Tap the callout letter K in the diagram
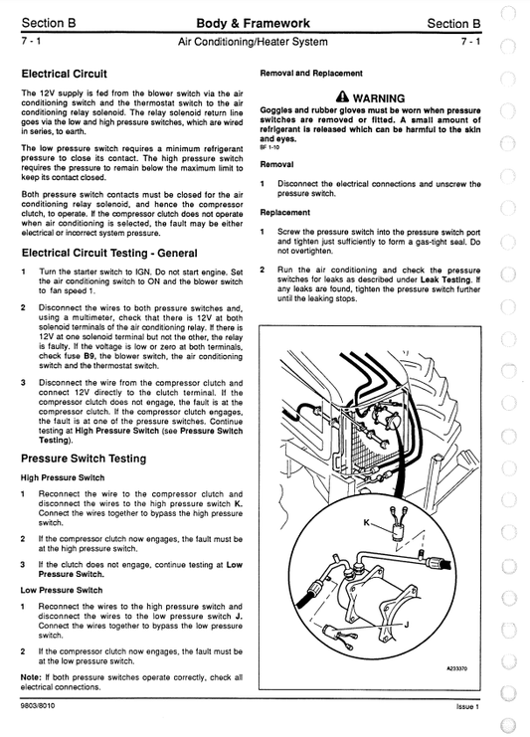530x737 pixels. [x=366, y=522]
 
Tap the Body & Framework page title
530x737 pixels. [x=253, y=23]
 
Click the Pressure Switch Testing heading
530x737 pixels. [x=84, y=459]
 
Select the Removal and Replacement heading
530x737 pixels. [x=311, y=73]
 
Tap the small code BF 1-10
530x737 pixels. [x=269, y=146]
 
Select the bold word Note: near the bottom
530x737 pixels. [x=31, y=676]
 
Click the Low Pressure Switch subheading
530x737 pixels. [x=62, y=590]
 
